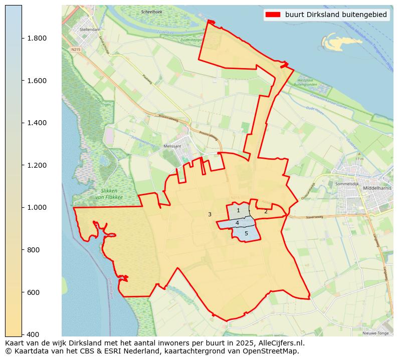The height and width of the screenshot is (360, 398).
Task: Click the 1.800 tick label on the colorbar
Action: tap(37, 38)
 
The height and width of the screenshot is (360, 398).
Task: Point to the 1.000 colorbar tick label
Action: tap(37, 207)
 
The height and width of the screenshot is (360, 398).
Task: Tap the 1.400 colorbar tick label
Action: tap(37, 123)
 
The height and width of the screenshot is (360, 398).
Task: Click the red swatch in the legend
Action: tap(273, 15)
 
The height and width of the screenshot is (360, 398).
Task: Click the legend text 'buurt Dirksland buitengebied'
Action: tap(336, 15)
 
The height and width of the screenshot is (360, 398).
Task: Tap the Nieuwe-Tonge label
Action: tap(375, 332)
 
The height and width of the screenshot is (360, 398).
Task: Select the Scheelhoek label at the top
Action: tap(151, 12)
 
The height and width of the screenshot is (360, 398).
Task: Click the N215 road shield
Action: tap(76, 49)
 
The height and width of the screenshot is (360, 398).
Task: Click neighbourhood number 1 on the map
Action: tap(238, 211)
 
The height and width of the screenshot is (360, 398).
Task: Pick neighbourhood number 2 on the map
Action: tap(266, 211)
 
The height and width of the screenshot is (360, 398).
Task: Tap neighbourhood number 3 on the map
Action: tap(210, 214)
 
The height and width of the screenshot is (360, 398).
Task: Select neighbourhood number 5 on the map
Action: tap(246, 233)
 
